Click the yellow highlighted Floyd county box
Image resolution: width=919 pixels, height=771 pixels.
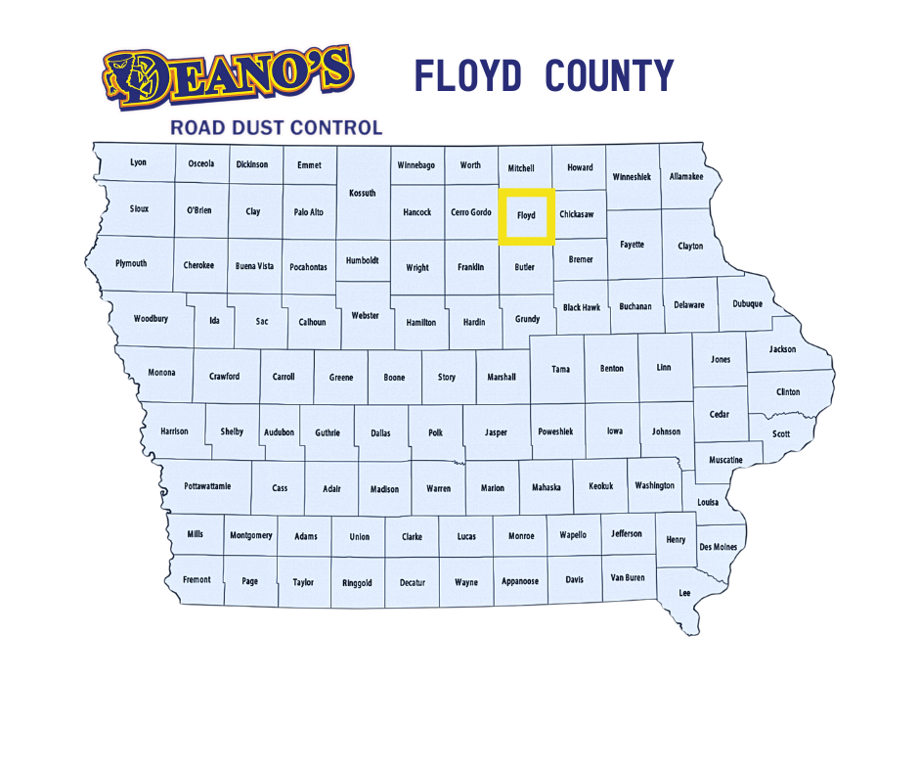click(526, 215)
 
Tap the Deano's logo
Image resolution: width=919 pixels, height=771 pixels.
click(228, 76)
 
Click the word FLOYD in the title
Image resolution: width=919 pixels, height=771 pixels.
click(467, 76)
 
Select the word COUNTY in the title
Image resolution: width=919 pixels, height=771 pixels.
click(609, 76)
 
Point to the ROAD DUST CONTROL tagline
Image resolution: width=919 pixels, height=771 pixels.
click(276, 128)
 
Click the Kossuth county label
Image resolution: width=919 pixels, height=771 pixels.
click(362, 194)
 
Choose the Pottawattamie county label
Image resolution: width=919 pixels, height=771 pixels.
click(207, 486)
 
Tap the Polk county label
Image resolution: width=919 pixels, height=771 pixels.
click(435, 431)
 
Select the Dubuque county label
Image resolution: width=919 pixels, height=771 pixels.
click(747, 304)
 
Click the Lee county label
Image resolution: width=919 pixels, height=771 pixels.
click(684, 593)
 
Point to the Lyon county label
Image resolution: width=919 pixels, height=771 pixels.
click(139, 162)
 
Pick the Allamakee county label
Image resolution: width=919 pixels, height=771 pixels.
click(687, 177)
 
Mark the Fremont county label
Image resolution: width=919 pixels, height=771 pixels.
click(197, 579)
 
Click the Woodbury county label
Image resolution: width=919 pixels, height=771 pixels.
click(151, 319)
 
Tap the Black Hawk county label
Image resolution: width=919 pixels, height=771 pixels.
click(582, 307)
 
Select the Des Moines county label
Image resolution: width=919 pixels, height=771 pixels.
click(718, 547)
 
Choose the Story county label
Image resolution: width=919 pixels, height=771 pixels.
click(447, 377)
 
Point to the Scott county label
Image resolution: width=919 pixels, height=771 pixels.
click(781, 433)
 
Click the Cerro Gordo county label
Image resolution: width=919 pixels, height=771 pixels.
click(471, 212)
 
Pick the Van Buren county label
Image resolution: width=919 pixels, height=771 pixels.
click(628, 578)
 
